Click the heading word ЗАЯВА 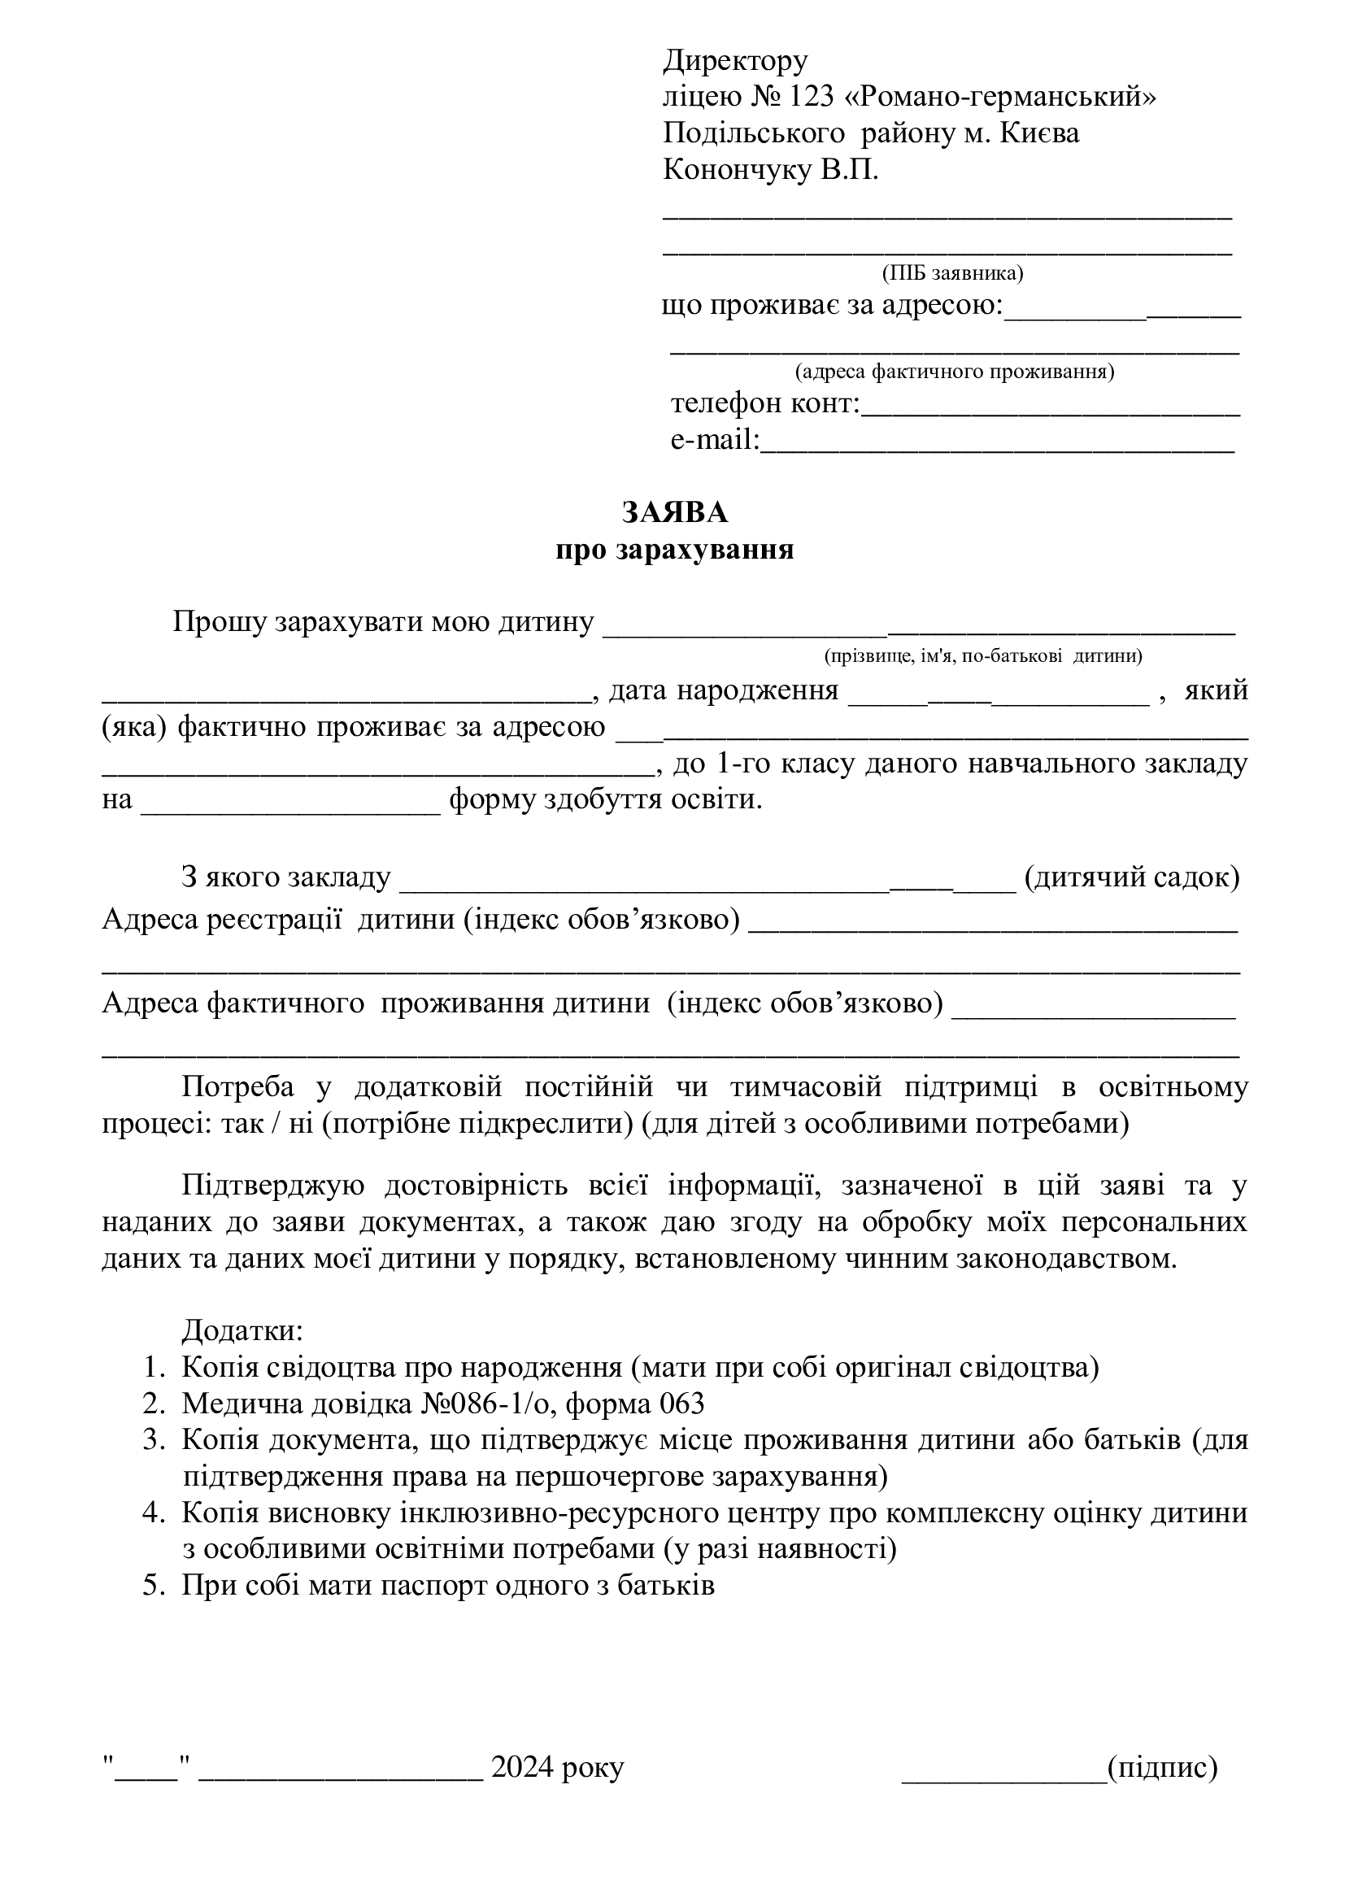[x=675, y=513]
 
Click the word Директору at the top [x=735, y=60]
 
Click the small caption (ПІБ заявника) [x=952, y=273]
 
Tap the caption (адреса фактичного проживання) [x=954, y=372]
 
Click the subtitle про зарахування [x=675, y=550]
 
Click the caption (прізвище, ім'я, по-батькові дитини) [x=983, y=657]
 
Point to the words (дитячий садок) [x=1131, y=877]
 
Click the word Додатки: [x=242, y=1331]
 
